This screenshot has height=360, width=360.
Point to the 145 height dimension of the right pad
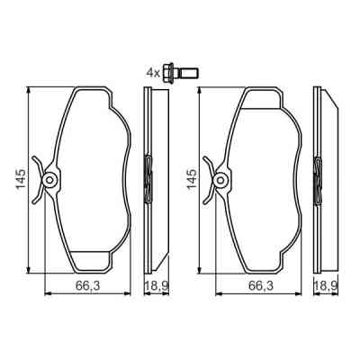pos(191,180)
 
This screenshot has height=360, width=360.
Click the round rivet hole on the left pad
pos(51,180)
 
